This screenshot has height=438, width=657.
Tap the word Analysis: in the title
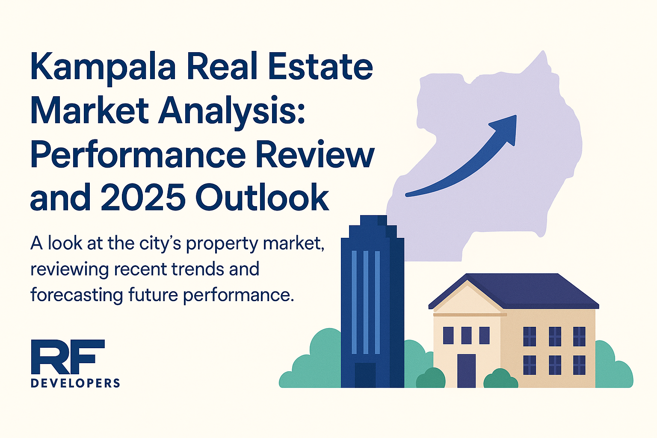232,113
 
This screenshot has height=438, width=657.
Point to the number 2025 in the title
143,197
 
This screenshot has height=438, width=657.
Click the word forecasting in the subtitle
77,295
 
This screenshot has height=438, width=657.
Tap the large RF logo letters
68,357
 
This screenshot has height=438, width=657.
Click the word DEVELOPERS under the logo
75,383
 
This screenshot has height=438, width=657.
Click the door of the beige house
466,371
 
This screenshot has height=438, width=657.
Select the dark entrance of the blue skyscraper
365,375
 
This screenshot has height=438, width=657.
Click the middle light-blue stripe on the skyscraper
366,302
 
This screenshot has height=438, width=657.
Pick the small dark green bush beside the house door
500,379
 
